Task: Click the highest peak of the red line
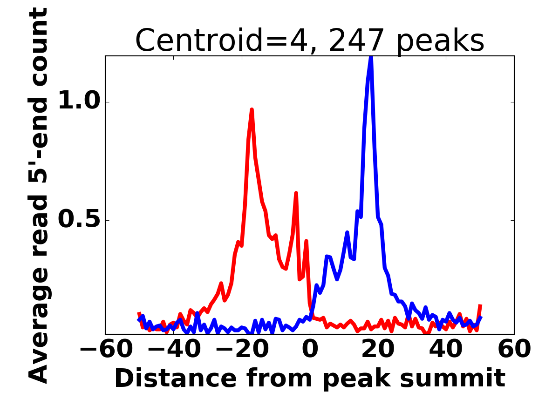tap(252, 110)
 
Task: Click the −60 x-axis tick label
tap(106, 349)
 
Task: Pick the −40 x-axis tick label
tap(174, 349)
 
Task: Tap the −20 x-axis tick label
tap(242, 349)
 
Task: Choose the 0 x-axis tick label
tap(310, 349)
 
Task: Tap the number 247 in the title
tap(357, 41)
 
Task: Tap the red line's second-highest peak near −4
tap(296, 193)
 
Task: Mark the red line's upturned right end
tap(480, 306)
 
